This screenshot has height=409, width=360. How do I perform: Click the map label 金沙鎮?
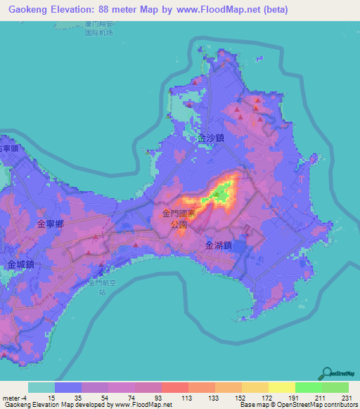point(211,138)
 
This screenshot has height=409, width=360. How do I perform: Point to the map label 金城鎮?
point(21,265)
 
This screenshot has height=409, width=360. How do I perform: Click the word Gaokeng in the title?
point(31,11)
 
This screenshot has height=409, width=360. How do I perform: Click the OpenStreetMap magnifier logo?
point(326,373)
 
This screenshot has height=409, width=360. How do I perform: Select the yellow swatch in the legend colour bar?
point(281,387)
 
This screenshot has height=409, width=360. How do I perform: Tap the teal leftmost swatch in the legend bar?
point(41,387)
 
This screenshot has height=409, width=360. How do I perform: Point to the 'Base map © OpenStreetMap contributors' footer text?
point(296,405)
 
